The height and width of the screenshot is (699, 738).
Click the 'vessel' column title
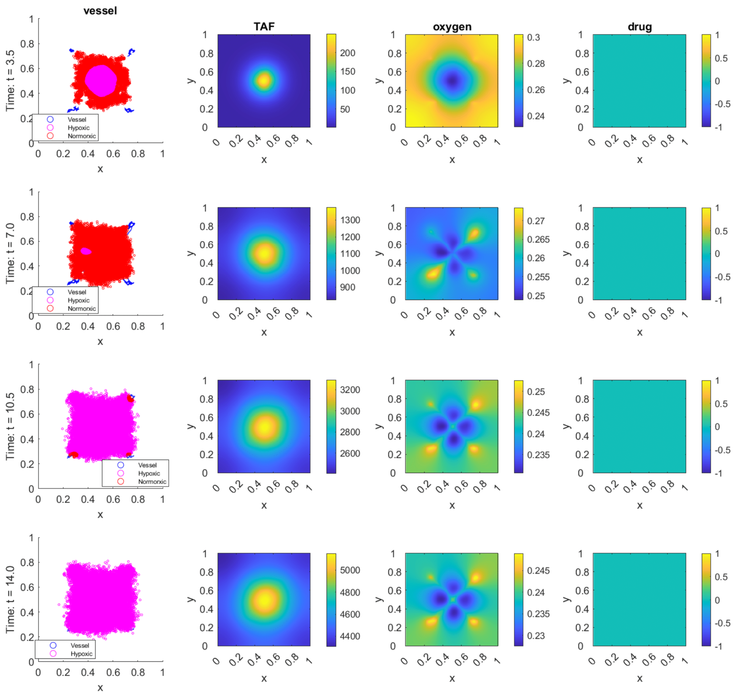[100, 11]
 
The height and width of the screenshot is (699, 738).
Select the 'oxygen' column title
[452, 27]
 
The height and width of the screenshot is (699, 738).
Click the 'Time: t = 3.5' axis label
[10, 80]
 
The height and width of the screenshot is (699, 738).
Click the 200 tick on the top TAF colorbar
[347, 53]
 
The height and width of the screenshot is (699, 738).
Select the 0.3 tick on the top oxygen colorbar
[533, 38]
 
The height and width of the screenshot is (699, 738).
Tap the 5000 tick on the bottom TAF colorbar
[350, 570]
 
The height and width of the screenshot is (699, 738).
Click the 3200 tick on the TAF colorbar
[350, 390]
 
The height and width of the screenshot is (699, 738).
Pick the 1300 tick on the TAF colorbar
[350, 220]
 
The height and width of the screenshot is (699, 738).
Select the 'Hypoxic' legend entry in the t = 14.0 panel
[81, 654]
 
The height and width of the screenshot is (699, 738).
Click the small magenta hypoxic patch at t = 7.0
[86, 251]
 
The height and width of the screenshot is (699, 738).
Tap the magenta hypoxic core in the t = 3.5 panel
[101, 80]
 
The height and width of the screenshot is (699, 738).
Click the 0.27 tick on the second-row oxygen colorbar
[536, 221]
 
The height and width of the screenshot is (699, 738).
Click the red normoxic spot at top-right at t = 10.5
[130, 399]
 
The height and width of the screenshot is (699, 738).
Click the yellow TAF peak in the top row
[264, 80]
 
